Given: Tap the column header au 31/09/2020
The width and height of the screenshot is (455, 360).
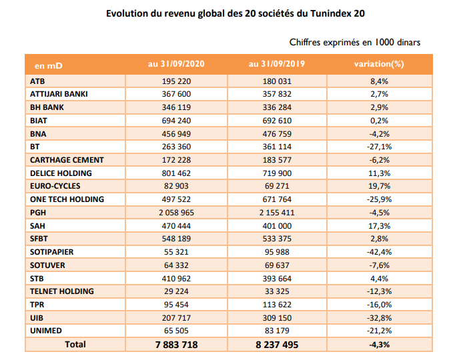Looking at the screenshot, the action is pos(176,64).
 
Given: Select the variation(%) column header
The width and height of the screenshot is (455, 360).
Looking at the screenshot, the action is pos(379,64).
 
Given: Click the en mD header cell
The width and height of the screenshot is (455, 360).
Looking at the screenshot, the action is pos(49,66).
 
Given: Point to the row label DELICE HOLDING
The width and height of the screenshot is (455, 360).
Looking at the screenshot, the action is pos(61,173).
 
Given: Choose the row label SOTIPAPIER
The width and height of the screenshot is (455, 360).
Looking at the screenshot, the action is pos(51,252).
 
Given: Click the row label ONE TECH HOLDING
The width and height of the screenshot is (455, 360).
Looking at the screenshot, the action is pos(67,199).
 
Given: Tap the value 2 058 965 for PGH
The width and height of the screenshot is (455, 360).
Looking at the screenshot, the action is pos(176,213).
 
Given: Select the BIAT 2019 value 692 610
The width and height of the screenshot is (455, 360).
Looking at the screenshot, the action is pos(277,121).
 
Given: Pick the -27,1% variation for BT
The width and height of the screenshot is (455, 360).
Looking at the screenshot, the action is pos(379,147).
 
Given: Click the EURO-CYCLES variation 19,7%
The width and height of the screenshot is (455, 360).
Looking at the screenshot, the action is pos(379,186).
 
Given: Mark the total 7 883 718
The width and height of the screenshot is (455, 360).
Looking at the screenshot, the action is pos(176,345).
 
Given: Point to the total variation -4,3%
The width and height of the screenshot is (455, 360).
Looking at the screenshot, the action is pos(379,345).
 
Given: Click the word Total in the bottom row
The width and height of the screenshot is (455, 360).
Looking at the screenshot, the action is pos(75,345).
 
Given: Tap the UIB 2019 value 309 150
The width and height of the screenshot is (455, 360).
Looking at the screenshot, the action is pos(277,318).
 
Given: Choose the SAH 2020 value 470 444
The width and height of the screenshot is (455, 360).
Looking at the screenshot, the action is pos(176,226).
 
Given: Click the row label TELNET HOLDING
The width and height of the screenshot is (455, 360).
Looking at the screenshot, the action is pos(62,291).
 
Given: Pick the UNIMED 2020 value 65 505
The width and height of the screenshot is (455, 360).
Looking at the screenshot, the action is pos(176,331).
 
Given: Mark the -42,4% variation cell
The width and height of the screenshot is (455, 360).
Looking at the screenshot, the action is pos(379,252).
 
